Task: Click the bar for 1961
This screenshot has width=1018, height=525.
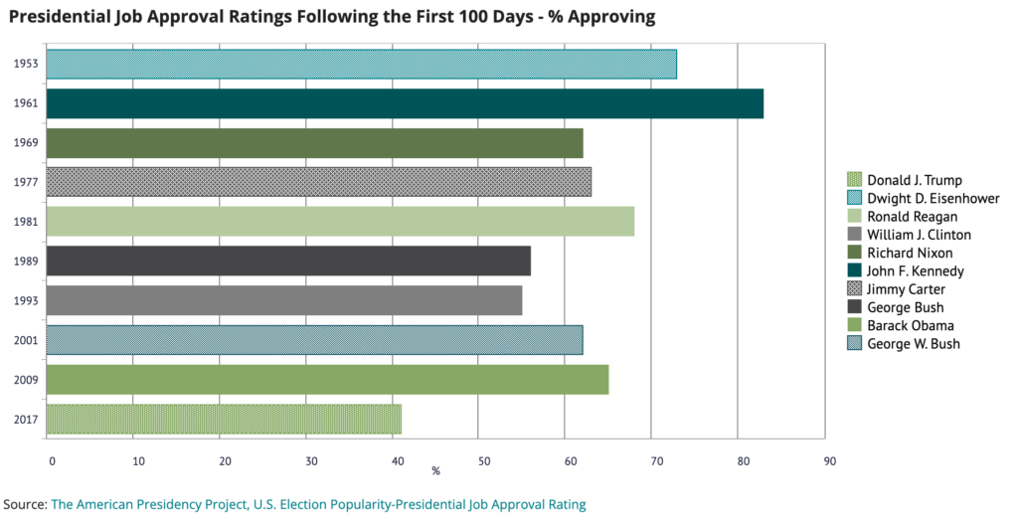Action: click(406, 103)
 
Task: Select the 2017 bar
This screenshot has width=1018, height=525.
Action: click(224, 419)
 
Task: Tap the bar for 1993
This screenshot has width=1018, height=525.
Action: click(284, 300)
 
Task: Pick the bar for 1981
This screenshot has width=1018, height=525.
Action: click(340, 222)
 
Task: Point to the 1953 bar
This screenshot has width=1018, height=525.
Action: click(362, 64)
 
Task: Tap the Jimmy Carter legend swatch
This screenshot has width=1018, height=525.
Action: click(854, 289)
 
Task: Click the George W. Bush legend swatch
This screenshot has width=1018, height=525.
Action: click(854, 344)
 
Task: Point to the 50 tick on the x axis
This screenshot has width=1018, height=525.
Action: click(484, 461)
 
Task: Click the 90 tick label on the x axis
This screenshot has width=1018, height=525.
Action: click(830, 461)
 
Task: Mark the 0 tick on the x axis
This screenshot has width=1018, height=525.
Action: click(52, 461)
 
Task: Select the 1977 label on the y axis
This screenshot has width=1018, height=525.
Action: click(26, 183)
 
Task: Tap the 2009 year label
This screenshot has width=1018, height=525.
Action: click(26, 380)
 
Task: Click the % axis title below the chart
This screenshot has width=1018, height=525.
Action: click(435, 470)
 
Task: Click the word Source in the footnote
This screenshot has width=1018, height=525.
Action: click(24, 504)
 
